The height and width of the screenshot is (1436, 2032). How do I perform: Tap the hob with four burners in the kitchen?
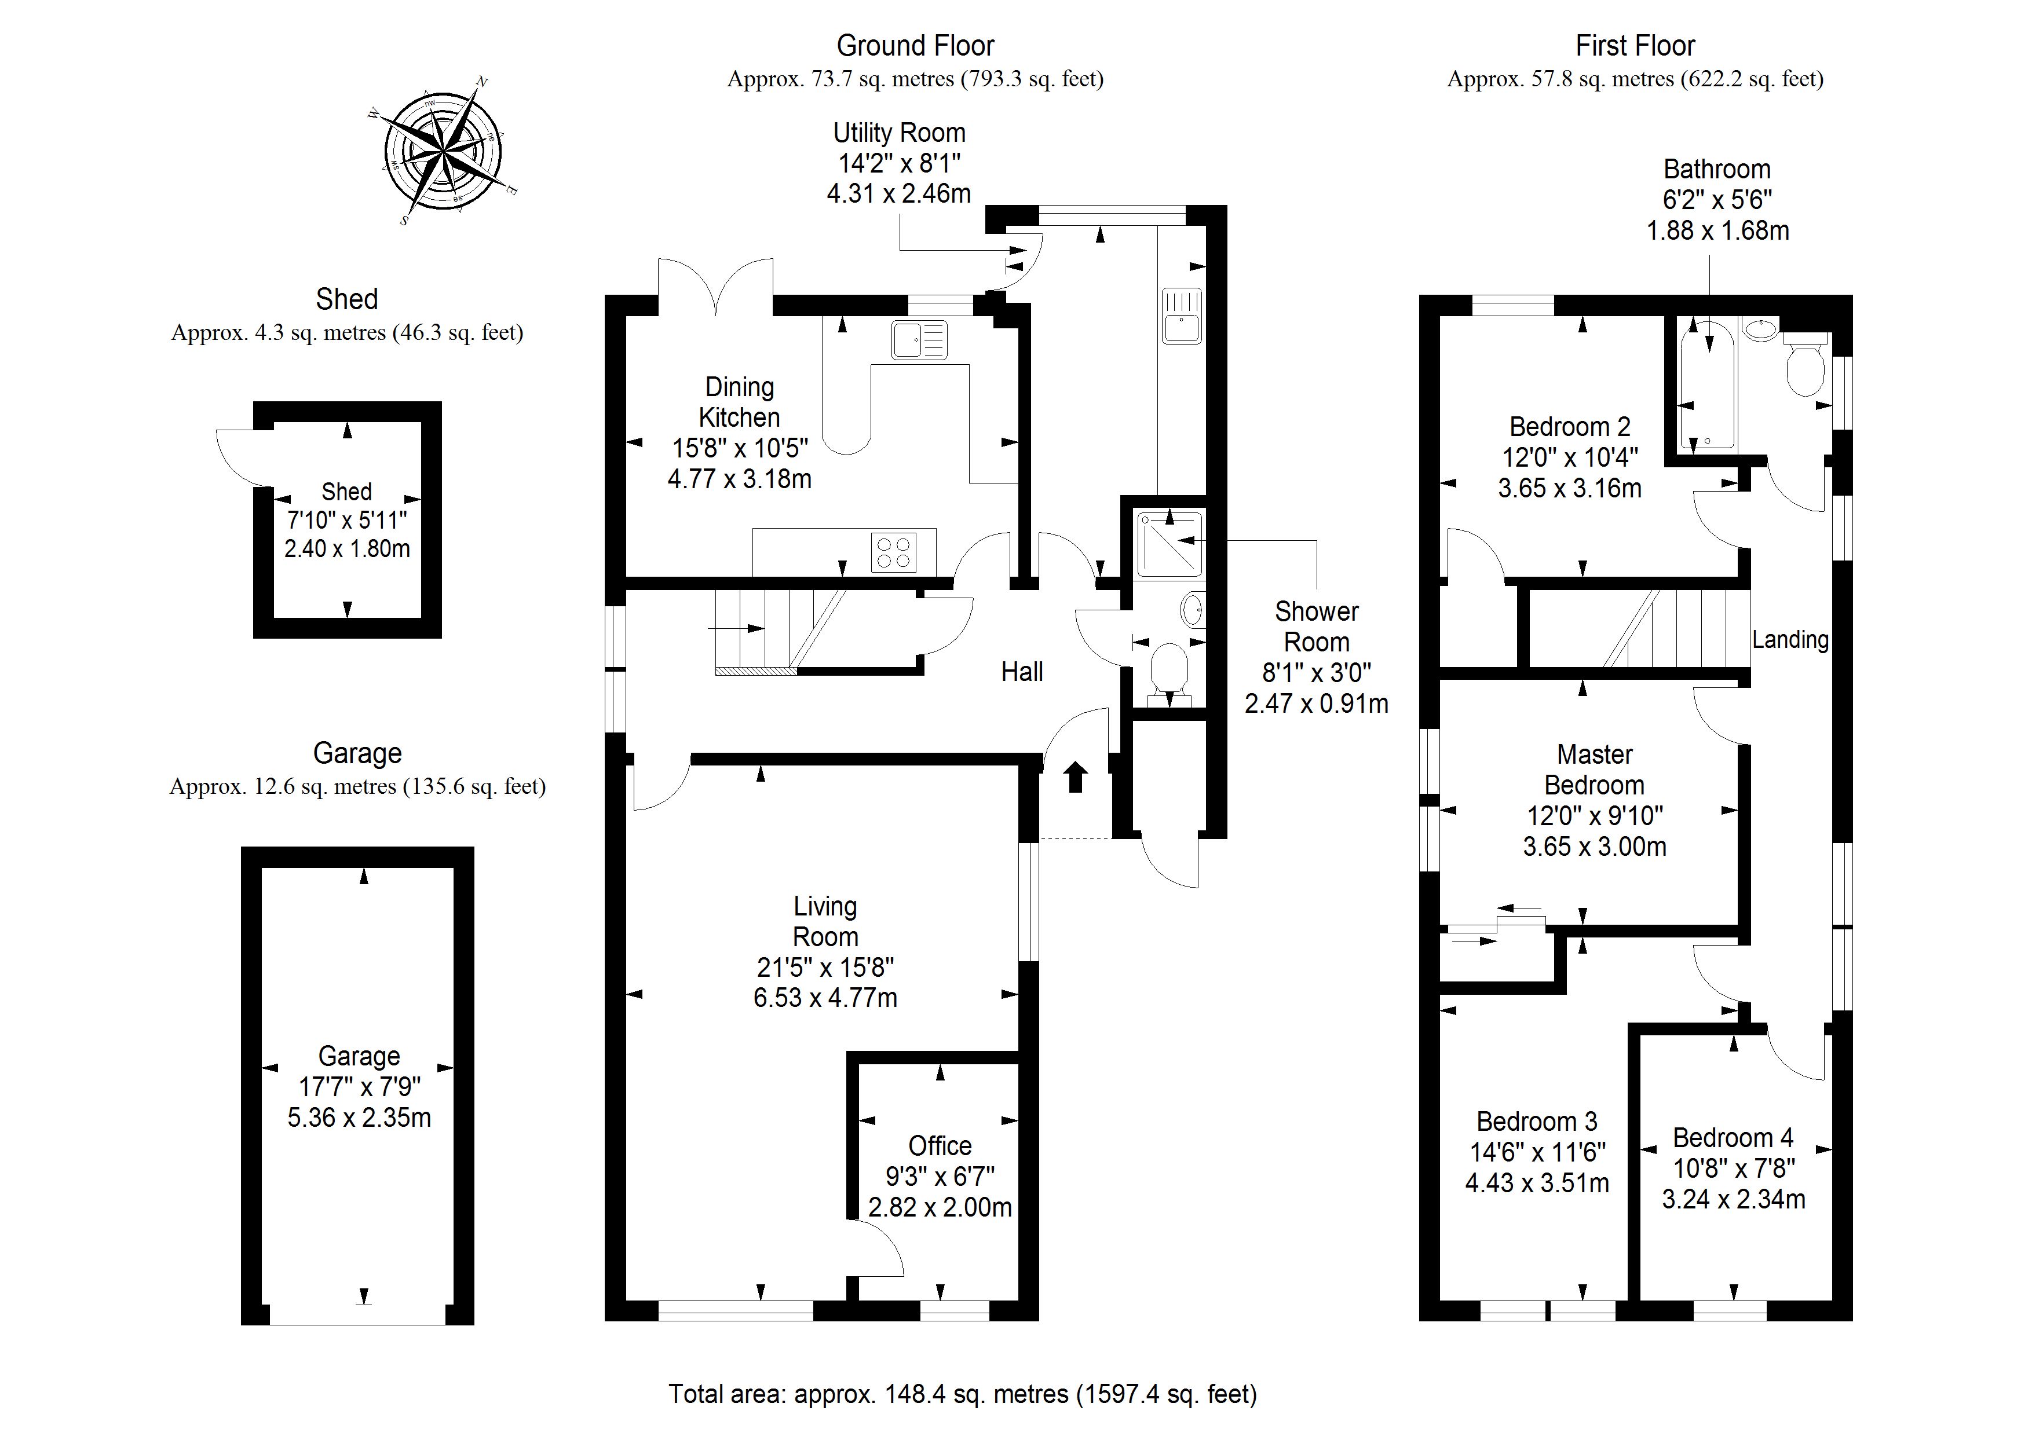coord(894,552)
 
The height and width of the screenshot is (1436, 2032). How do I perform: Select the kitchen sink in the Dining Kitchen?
coord(919,340)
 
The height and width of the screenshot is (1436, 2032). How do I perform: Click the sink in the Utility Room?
coord(1182,316)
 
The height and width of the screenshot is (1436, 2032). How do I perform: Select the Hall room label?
coord(1022,672)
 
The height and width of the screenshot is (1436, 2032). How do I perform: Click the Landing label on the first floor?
coord(1790,640)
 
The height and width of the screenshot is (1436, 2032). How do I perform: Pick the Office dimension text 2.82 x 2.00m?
coord(940,1207)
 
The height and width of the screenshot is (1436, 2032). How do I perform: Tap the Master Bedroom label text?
coord(1595,770)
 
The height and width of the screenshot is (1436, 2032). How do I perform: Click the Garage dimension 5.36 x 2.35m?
coord(359,1118)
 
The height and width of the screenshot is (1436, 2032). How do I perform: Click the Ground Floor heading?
coord(915,45)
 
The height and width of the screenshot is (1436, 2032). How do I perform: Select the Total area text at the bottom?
coord(963,1394)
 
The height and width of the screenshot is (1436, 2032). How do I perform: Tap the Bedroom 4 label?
coord(1733,1137)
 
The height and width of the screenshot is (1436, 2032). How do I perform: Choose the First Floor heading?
coord(1636,45)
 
